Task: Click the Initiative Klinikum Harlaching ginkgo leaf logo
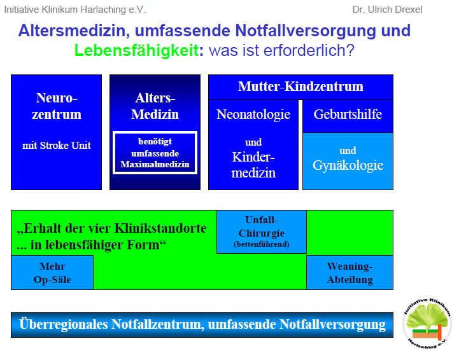pyautogui.click(x=427, y=323)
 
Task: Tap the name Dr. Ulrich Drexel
pyautogui.click(x=387, y=10)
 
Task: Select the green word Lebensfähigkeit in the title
pyautogui.click(x=136, y=50)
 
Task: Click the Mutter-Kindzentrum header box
pyautogui.click(x=300, y=87)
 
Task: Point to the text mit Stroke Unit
pyautogui.click(x=57, y=145)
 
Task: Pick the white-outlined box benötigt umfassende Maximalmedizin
pyautogui.click(x=155, y=153)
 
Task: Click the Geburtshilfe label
pyautogui.click(x=348, y=114)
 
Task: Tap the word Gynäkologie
pyautogui.click(x=348, y=165)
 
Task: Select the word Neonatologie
pyautogui.click(x=253, y=114)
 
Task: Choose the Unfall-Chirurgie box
pyautogui.click(x=262, y=232)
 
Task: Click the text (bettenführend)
pyautogui.click(x=262, y=244)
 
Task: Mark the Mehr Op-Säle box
pyautogui.click(x=52, y=272)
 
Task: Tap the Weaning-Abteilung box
pyautogui.click(x=349, y=272)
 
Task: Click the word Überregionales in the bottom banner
pyautogui.click(x=63, y=324)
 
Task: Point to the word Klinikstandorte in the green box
pyautogui.click(x=160, y=228)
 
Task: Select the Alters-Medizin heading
pyautogui.click(x=155, y=106)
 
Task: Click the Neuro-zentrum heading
pyautogui.click(x=57, y=106)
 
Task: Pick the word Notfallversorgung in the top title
pyautogui.click(x=306, y=31)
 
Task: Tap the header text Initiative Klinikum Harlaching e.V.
pyautogui.click(x=75, y=10)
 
